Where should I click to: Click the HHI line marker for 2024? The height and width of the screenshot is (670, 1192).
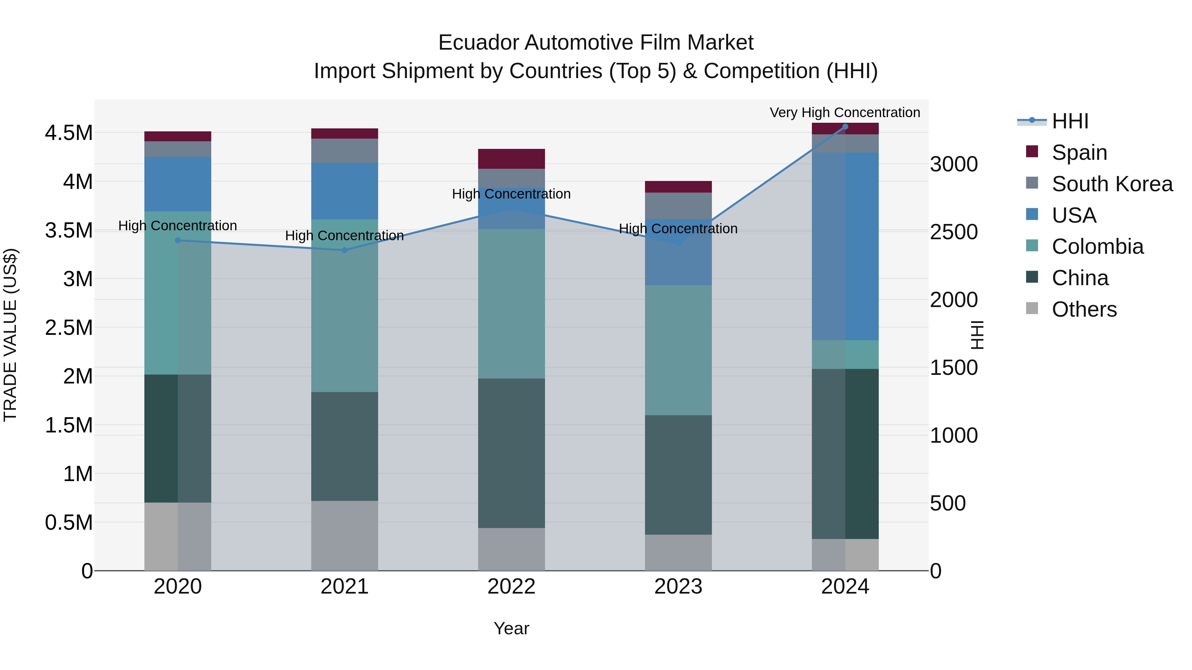[845, 127]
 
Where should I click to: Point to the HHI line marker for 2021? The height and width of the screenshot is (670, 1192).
[344, 250]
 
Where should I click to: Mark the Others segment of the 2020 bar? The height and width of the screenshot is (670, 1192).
[178, 536]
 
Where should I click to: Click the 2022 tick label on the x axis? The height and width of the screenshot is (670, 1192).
[511, 587]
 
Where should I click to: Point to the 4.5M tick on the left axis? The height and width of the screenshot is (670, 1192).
[69, 133]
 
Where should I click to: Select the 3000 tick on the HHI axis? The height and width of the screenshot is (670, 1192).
[954, 164]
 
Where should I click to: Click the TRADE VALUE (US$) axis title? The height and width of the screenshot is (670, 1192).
[11, 335]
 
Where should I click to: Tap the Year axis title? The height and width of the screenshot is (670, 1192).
[511, 628]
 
